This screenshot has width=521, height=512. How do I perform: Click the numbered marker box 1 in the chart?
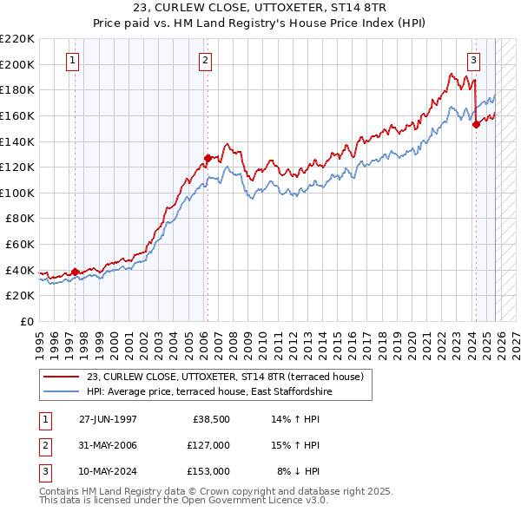[71, 61]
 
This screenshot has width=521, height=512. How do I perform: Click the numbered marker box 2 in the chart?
[205, 61]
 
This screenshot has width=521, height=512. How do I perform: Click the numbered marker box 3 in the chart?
[473, 61]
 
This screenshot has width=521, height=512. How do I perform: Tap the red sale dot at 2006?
[208, 158]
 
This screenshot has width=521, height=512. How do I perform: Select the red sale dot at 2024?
[476, 124]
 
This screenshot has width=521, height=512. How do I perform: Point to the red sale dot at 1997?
[75, 272]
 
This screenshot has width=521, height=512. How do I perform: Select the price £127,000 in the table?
[208, 445]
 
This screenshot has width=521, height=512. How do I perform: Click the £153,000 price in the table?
[208, 471]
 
